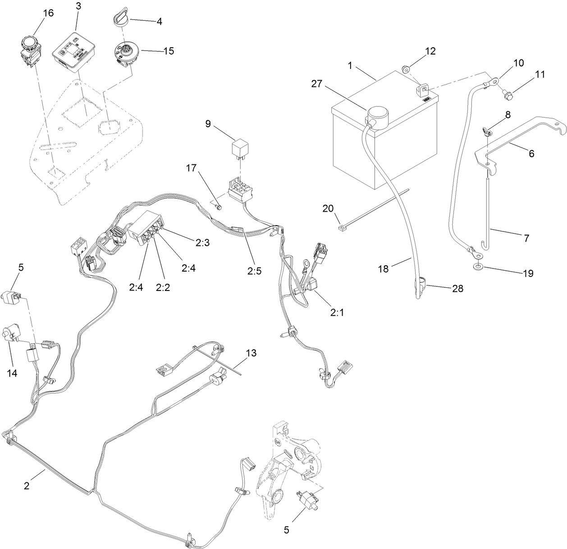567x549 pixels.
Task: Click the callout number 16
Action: [48, 13]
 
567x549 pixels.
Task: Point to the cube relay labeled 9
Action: [240, 147]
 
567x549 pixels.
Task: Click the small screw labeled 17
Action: [219, 207]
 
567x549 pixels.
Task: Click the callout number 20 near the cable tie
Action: [328, 208]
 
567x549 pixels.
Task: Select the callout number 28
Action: [457, 289]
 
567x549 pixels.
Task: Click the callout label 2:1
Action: [337, 313]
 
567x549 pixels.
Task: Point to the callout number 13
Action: [251, 353]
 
